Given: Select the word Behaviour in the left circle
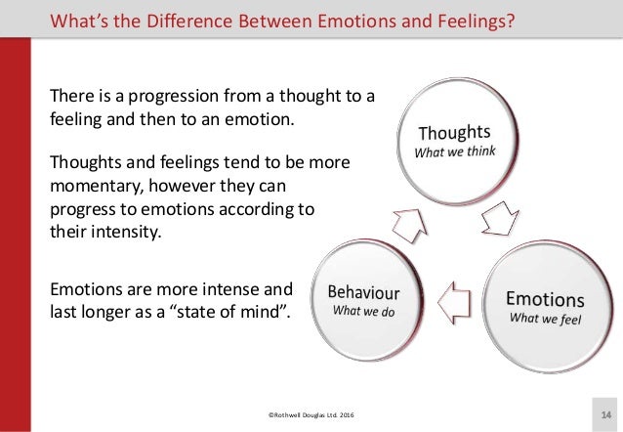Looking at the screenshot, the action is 362,291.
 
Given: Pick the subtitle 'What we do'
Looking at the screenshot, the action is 361,312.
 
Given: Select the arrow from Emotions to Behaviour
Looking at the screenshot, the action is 455,294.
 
